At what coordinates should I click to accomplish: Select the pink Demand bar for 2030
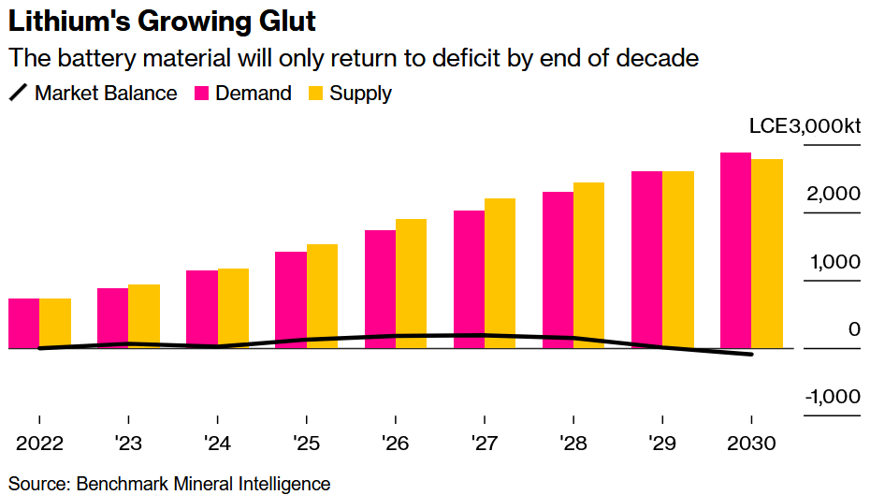coord(735,250)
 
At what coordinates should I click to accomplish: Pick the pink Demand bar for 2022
coord(24,323)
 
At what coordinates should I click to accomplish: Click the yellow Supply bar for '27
coord(500,272)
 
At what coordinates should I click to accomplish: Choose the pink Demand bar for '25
coord(291,299)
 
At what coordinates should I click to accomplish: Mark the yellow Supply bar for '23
coord(144,315)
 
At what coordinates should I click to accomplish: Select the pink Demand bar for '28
coord(558,269)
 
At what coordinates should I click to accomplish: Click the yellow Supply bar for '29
coord(678,259)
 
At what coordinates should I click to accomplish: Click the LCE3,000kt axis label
coord(805,128)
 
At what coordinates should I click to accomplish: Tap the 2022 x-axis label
coord(39,440)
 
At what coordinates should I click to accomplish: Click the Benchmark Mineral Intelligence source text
coord(203,484)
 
